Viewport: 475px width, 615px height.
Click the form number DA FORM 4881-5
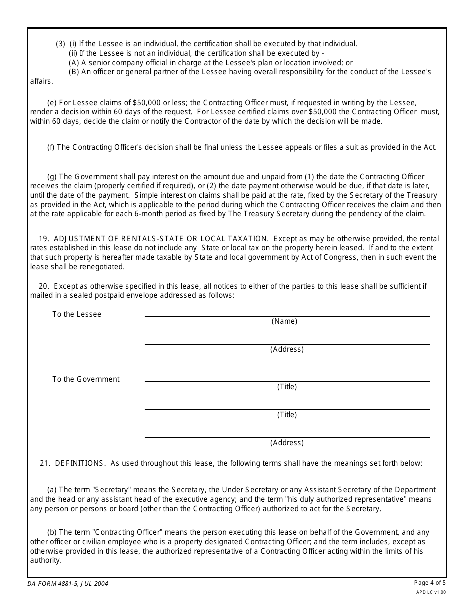click(68, 583)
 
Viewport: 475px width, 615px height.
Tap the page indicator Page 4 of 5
click(430, 582)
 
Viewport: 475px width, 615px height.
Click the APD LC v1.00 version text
click(431, 592)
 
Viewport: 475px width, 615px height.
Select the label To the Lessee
click(77, 314)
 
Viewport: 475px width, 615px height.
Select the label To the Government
click(86, 379)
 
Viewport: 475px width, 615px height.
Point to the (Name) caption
click(284, 321)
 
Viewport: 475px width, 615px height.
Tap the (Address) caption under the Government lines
click(287, 443)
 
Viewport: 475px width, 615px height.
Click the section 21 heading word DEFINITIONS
click(80, 463)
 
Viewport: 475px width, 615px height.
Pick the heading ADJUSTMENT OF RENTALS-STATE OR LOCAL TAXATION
click(161, 239)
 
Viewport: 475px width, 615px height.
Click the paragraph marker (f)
click(51, 147)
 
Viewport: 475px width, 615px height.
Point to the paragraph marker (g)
click(51, 176)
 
